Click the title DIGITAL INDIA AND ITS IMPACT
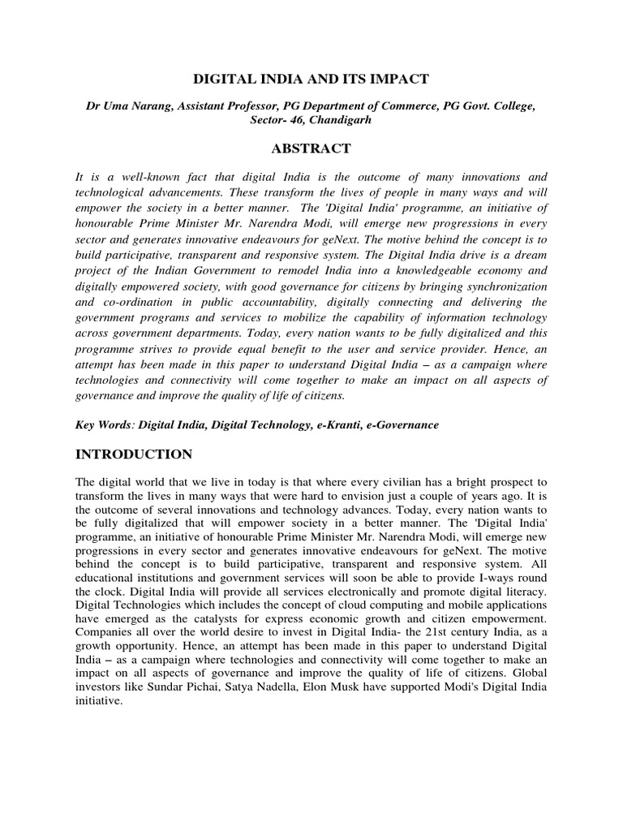(x=311, y=79)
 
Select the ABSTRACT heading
(x=311, y=149)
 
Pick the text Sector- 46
(x=276, y=121)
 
